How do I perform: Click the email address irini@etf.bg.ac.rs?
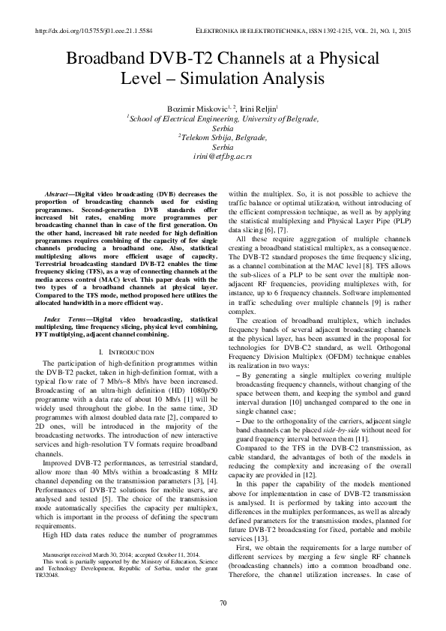[x=223, y=157]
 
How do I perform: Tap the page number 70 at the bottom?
[x=223, y=604]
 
